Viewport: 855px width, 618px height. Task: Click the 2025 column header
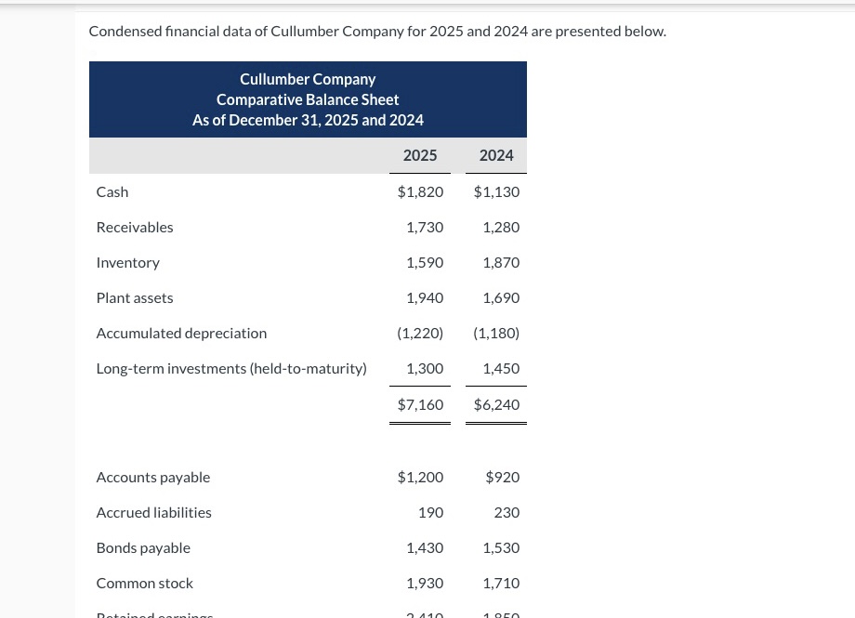coord(420,155)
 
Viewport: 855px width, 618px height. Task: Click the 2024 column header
coord(496,155)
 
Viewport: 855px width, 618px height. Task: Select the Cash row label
coord(112,191)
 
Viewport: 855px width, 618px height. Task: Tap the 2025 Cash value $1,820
coord(420,191)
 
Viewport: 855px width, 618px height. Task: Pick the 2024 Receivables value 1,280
coord(501,227)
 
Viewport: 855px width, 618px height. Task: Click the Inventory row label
coord(128,262)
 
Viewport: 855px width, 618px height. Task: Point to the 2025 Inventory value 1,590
coord(425,262)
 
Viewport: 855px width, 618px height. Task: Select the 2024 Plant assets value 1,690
coord(501,297)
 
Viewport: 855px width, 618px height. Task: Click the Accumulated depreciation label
coord(181,333)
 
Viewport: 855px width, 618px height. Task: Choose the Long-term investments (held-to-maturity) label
coord(231,368)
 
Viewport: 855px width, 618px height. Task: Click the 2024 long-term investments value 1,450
coord(501,368)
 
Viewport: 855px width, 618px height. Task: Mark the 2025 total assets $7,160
coord(420,404)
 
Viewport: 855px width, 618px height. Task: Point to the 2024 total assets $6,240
coord(496,404)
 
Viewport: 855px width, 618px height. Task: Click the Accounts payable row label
coord(153,477)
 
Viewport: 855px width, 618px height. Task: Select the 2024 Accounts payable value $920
coord(503,477)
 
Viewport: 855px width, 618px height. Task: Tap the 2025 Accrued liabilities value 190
coord(430,512)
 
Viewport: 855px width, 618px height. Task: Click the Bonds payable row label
coord(143,547)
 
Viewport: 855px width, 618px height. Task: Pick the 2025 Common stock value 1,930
coord(425,583)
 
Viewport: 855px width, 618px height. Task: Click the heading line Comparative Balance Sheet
coord(308,99)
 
